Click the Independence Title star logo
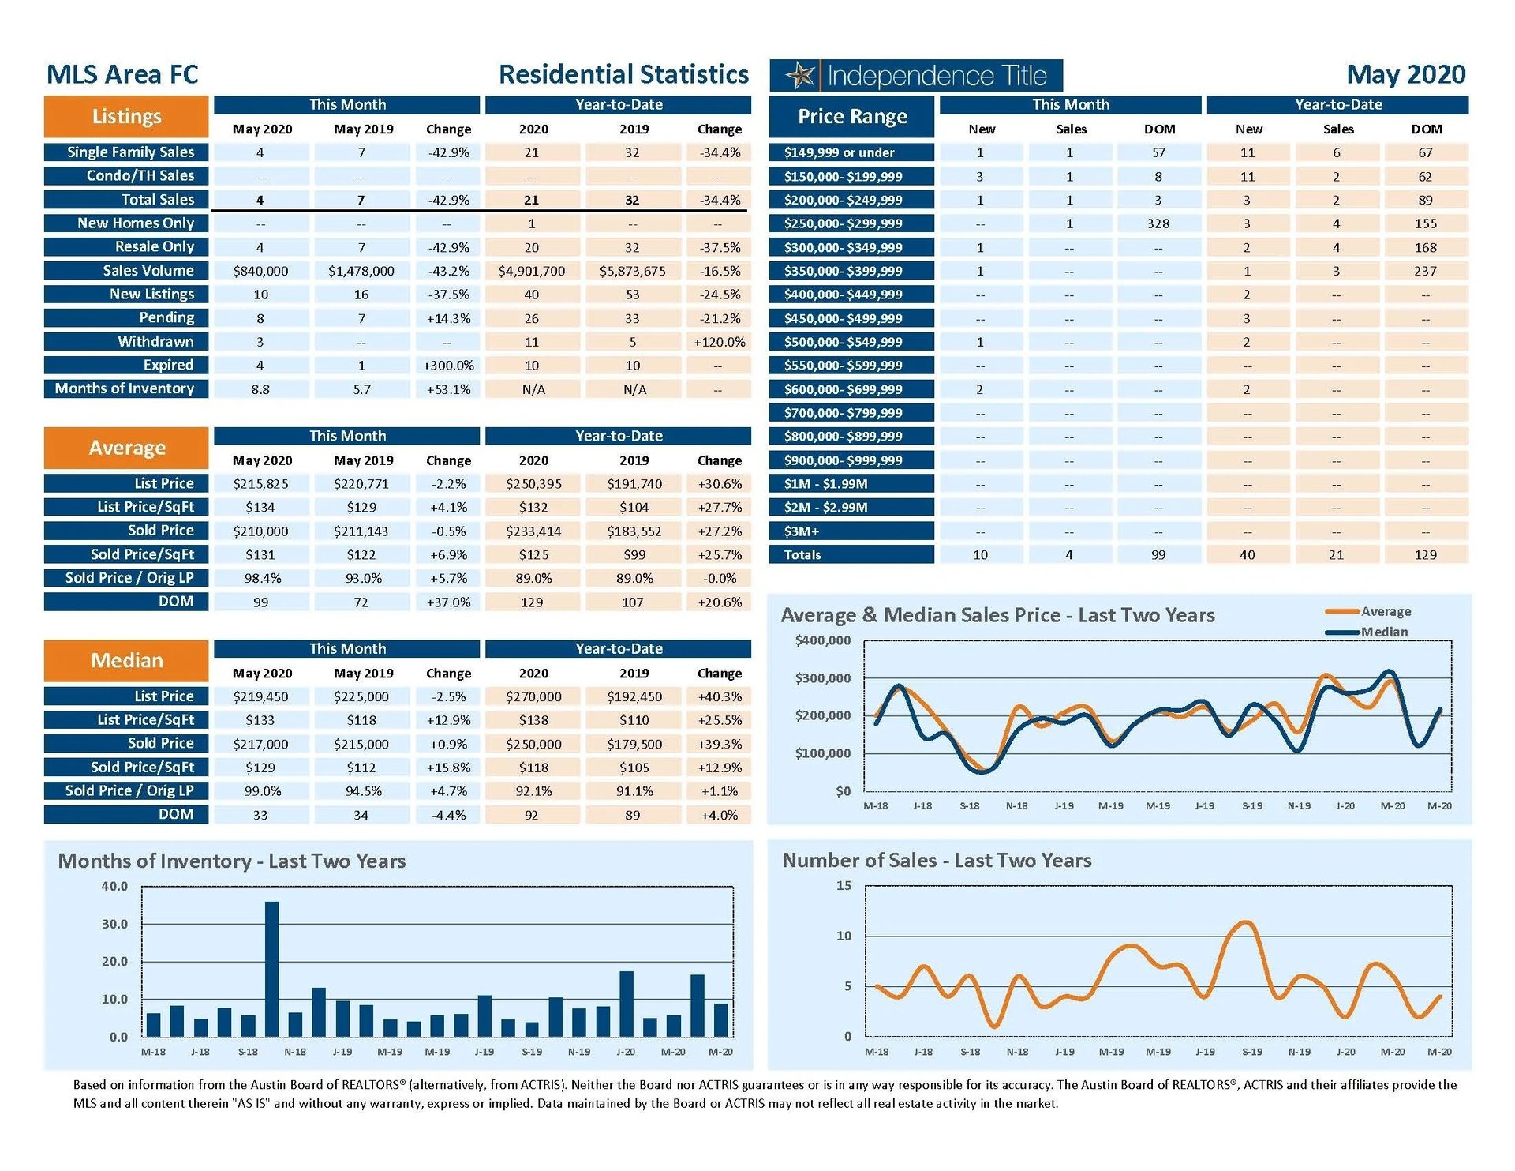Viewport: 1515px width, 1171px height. coord(802,76)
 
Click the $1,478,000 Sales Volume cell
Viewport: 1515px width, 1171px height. coord(361,271)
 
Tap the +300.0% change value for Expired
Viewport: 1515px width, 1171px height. coord(448,366)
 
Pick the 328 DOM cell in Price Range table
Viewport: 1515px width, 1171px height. coord(1158,223)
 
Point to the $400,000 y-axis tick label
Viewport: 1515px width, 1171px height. coord(822,640)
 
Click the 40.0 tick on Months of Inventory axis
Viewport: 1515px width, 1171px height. coord(114,886)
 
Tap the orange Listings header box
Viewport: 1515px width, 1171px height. coord(126,117)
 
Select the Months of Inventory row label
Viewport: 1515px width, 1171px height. coord(125,388)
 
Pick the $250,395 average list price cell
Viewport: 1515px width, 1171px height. coord(533,484)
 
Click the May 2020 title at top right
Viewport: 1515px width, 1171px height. coord(1405,75)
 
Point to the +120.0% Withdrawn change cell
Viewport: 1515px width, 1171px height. coord(719,342)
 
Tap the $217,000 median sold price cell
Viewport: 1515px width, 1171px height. coord(260,744)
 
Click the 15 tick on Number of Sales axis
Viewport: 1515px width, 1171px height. coord(844,885)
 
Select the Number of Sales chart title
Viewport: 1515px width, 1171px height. coord(936,860)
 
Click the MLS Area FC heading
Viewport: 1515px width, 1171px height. coord(122,75)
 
